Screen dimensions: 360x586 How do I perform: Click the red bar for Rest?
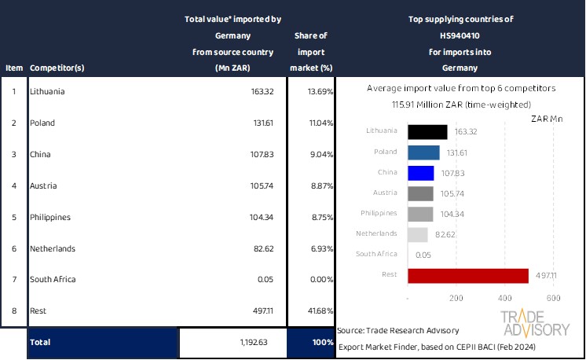tap(467, 275)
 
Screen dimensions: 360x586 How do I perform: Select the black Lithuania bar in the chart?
tap(427, 132)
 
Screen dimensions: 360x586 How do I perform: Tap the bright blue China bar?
tap(420, 173)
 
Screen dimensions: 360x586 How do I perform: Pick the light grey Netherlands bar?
tap(417, 234)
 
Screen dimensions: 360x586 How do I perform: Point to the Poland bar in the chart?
tap(423, 152)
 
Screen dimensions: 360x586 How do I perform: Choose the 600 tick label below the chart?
tap(554, 299)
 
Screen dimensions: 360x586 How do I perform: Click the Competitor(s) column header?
tap(57, 68)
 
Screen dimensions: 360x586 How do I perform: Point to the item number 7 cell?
tap(13, 279)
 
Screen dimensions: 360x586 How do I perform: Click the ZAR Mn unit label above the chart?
tap(547, 119)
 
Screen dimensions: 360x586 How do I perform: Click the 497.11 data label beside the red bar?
tap(547, 275)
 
